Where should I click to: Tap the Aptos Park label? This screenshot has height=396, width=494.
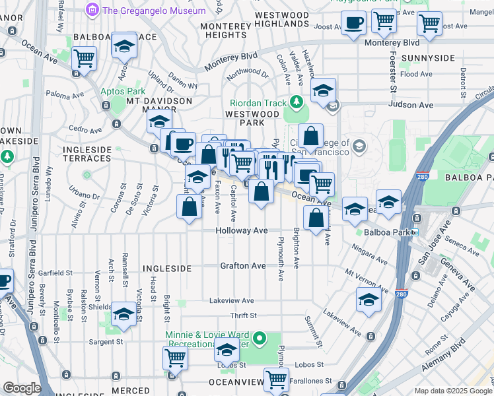point(122,91)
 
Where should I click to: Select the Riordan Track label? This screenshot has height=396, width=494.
point(258,103)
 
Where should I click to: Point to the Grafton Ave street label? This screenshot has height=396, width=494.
point(243,265)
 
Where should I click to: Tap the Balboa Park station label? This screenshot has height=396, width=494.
point(386,232)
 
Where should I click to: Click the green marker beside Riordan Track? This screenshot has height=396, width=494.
point(297,102)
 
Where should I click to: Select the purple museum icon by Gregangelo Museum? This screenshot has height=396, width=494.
point(91,10)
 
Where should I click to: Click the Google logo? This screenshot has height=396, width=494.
point(21,388)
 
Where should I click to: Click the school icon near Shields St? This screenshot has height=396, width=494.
point(123,314)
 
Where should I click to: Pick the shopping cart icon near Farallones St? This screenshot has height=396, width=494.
point(276,379)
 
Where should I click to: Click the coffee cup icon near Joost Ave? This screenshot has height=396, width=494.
point(354,24)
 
